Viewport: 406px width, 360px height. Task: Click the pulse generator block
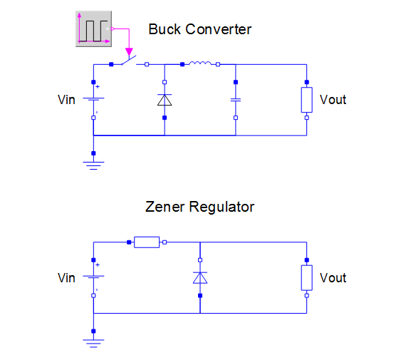coord(93,29)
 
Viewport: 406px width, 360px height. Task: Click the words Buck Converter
coord(199,29)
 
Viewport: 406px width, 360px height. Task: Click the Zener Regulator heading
coord(199,207)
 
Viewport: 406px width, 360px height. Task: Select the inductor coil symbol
coord(200,63)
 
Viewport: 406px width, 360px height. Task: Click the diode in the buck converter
coord(165,100)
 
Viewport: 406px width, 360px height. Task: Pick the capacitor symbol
coord(236,100)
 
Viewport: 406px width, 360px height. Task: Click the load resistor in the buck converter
coord(306,100)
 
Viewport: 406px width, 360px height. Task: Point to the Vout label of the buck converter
coord(333,100)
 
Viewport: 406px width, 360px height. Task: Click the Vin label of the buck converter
coord(66,100)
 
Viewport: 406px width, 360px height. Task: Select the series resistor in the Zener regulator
coord(147,242)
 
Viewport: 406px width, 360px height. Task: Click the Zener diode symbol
coord(200,278)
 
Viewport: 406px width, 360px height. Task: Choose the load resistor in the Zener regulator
coord(306,278)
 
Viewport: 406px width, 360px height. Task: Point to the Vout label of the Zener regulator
coord(333,278)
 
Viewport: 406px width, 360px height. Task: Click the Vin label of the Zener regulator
coord(66,278)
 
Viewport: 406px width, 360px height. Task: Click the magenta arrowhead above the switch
coord(129,51)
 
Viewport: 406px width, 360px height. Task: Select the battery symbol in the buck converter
coord(93,100)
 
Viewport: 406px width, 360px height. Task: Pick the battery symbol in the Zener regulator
coord(93,278)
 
